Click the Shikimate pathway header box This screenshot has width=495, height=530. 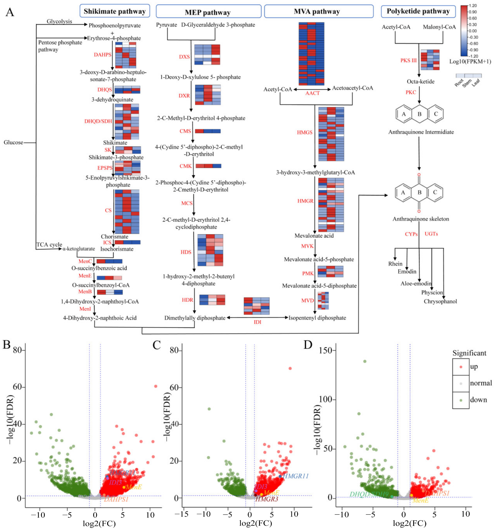[115, 11]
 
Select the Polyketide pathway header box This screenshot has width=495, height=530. [418, 11]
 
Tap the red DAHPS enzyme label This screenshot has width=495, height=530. [102, 55]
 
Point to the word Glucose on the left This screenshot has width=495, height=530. [13, 142]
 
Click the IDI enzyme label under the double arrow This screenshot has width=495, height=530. [257, 322]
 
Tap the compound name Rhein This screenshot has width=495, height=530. [395, 264]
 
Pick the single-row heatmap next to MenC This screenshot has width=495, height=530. [109, 261]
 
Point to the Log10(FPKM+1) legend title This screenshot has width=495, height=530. [470, 62]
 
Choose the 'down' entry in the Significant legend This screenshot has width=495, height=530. [478, 400]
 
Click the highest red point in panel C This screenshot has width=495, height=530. [290, 369]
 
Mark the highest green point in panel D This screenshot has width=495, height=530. [365, 362]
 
